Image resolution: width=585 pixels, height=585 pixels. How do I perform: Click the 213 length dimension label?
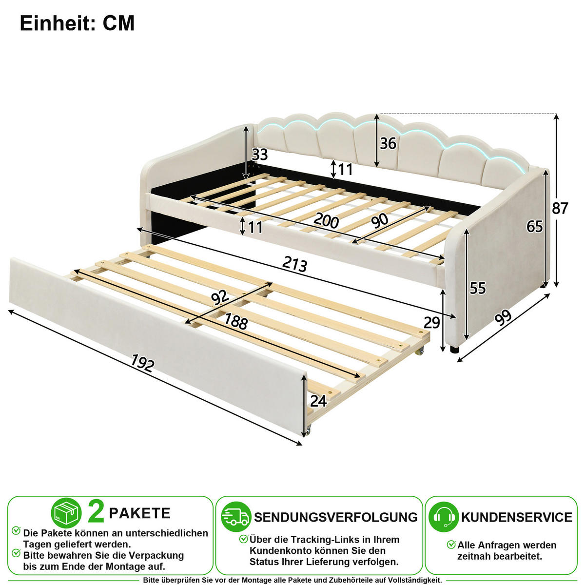tap(294, 264)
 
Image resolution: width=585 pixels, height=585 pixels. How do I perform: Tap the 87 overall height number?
tap(560, 208)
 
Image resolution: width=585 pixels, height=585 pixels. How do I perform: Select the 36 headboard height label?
tap(388, 143)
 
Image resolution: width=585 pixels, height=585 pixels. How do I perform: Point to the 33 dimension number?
tap(259, 155)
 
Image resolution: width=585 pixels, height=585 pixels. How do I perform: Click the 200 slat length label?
tap(326, 220)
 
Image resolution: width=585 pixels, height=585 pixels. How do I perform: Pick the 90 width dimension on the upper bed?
tap(379, 221)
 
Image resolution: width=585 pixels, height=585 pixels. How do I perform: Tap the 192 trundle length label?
tap(142, 363)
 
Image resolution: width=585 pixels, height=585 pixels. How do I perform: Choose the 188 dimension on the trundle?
tap(236, 321)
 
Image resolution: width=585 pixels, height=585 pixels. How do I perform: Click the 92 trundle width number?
tap(219, 297)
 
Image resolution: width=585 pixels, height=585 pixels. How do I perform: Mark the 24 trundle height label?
tap(318, 401)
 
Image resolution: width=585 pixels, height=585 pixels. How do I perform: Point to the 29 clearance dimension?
tap(432, 323)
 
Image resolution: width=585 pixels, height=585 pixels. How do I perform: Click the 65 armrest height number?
tap(534, 227)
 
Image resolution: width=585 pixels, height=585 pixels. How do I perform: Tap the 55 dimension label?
tap(478, 288)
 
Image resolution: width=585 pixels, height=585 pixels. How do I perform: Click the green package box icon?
tap(66, 513)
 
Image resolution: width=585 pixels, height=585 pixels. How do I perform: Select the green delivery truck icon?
tap(236, 517)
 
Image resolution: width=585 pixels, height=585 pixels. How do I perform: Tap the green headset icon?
tap(444, 517)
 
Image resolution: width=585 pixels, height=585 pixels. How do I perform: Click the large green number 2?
tap(96, 513)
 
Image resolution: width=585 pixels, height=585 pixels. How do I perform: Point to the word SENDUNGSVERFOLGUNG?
tap(336, 517)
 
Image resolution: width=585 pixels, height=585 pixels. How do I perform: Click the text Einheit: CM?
tap(77, 23)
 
